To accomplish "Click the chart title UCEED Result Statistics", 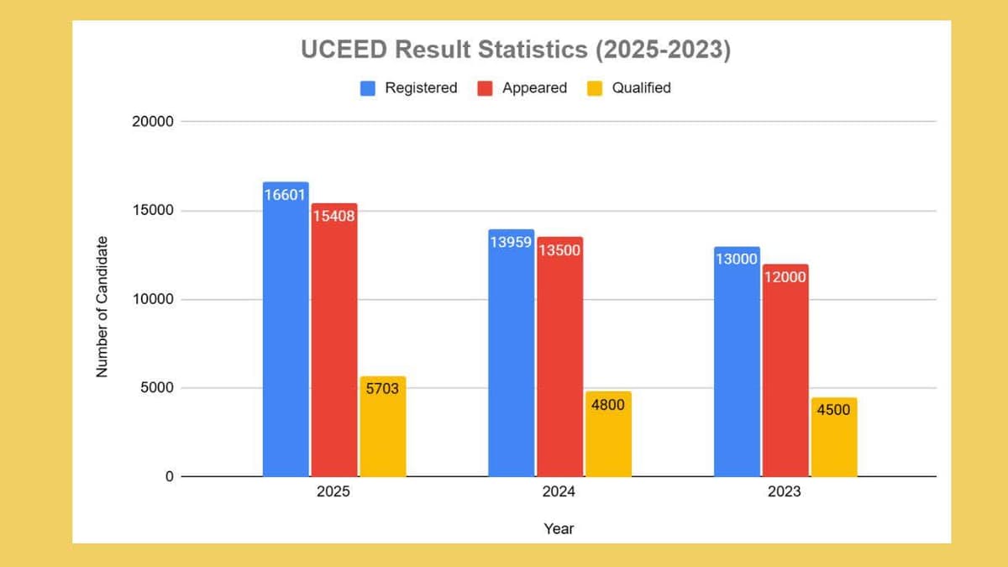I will (516, 50).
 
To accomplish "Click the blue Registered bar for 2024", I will (511, 353).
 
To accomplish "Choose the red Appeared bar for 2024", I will (559, 357).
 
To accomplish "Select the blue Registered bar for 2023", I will (737, 362).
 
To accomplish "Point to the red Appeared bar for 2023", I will (785, 370).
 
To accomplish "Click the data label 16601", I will (286, 195).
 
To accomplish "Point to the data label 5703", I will (382, 389).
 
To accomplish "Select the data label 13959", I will (511, 242).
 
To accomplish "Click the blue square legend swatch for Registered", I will (368, 88).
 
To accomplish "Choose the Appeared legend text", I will (534, 88).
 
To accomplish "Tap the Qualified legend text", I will (641, 88).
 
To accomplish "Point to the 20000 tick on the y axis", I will (152, 121).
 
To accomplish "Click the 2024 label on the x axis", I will (559, 492).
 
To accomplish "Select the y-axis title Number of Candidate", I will (102, 306).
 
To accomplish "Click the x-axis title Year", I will (559, 528).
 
